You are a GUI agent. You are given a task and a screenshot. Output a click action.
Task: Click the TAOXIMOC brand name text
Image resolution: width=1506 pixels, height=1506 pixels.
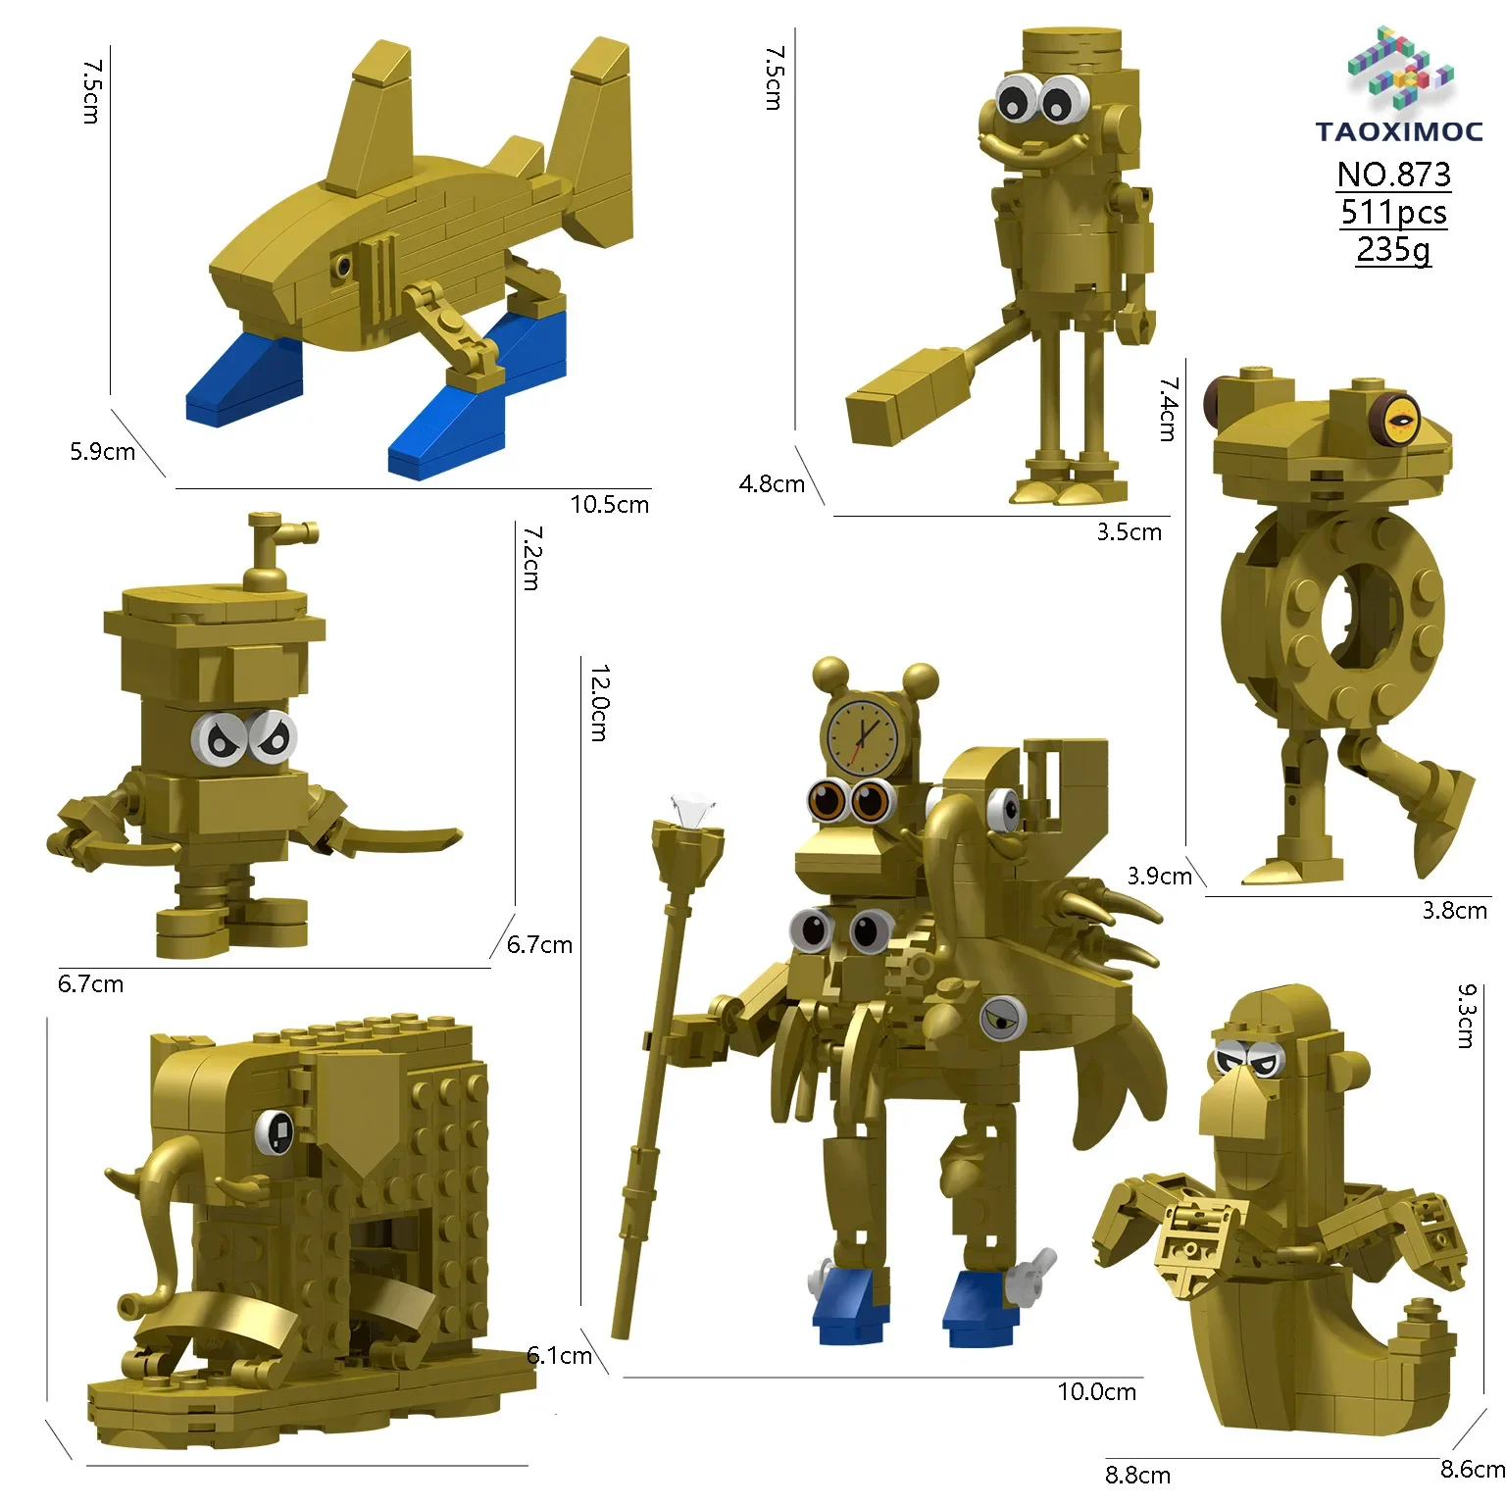pyautogui.click(x=1399, y=131)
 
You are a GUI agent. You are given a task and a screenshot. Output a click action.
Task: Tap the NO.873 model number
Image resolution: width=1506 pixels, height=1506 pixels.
pyautogui.click(x=1393, y=175)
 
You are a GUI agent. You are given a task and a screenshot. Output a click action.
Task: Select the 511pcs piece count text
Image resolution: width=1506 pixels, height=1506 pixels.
pyautogui.click(x=1393, y=213)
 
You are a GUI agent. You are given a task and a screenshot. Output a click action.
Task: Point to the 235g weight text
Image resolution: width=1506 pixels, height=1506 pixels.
pyautogui.click(x=1393, y=250)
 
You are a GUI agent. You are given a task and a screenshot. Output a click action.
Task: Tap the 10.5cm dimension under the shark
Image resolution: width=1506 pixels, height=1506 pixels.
pyautogui.click(x=609, y=505)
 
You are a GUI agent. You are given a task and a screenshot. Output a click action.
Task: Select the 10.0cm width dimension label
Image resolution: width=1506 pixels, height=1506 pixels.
pyautogui.click(x=1096, y=1391)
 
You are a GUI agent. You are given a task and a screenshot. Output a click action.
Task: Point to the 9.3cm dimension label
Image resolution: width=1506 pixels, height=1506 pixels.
pyautogui.click(x=1466, y=1016)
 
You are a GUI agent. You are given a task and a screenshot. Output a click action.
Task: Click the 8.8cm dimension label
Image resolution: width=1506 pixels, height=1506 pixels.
pyautogui.click(x=1137, y=1475)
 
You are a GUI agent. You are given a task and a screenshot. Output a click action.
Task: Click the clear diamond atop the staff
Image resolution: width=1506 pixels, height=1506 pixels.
pyautogui.click(x=690, y=811)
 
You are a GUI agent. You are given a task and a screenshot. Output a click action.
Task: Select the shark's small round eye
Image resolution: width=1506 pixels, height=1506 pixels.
pyautogui.click(x=342, y=265)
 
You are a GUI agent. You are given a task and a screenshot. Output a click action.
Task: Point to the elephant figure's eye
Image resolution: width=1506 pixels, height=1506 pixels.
pyautogui.click(x=277, y=1132)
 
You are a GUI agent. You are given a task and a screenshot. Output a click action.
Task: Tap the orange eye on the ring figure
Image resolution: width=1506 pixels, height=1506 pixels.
pyautogui.click(x=1400, y=419)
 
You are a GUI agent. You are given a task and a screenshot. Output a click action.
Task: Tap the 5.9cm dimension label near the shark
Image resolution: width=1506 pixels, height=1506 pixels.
pyautogui.click(x=102, y=452)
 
